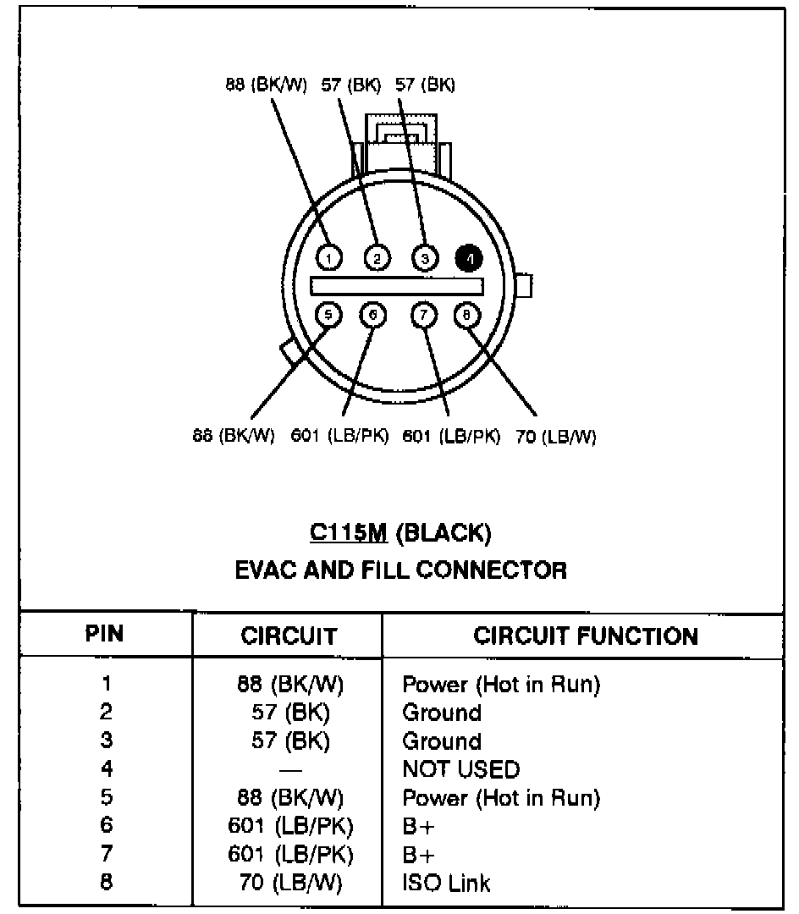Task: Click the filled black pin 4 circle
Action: [467, 256]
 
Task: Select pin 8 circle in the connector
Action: [466, 316]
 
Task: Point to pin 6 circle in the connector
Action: [373, 316]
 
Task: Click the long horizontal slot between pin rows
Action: [397, 286]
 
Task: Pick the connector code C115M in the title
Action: [348, 532]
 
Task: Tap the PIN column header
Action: [106, 635]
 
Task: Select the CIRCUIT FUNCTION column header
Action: [586, 636]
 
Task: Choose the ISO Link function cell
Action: [446, 884]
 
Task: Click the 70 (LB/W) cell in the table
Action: [289, 884]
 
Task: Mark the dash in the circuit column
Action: [290, 770]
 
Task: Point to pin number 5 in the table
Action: [106, 797]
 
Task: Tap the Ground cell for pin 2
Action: [441, 713]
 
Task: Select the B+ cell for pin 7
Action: [418, 855]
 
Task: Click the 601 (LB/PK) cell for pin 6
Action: [289, 826]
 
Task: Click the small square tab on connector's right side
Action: [524, 286]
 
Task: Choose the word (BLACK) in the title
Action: [443, 532]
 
